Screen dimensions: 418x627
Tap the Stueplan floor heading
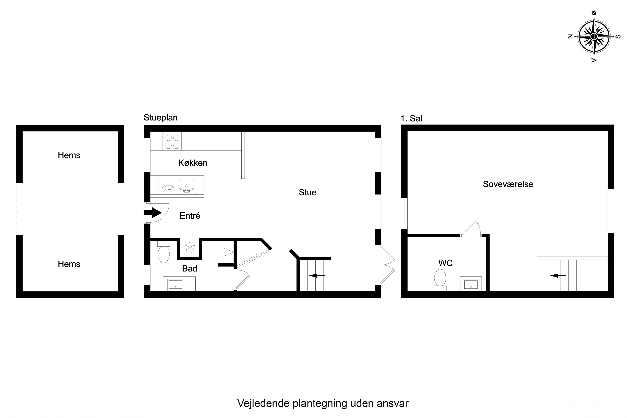tap(161, 117)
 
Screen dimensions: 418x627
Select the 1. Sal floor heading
tap(411, 118)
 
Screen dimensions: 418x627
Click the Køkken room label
tap(193, 163)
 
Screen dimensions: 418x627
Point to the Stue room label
tap(307, 192)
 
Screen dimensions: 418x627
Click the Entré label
tap(190, 216)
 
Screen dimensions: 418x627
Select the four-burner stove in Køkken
tap(172, 141)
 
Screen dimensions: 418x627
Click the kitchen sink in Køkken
tap(186, 184)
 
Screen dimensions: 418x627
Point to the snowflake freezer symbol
tap(190, 247)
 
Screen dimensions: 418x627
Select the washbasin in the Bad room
tap(175, 284)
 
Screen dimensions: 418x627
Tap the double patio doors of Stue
tap(387, 265)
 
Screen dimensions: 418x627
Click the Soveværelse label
tap(508, 184)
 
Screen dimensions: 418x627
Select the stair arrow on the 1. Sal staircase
tap(558, 275)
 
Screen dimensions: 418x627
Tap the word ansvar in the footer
tap(393, 403)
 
